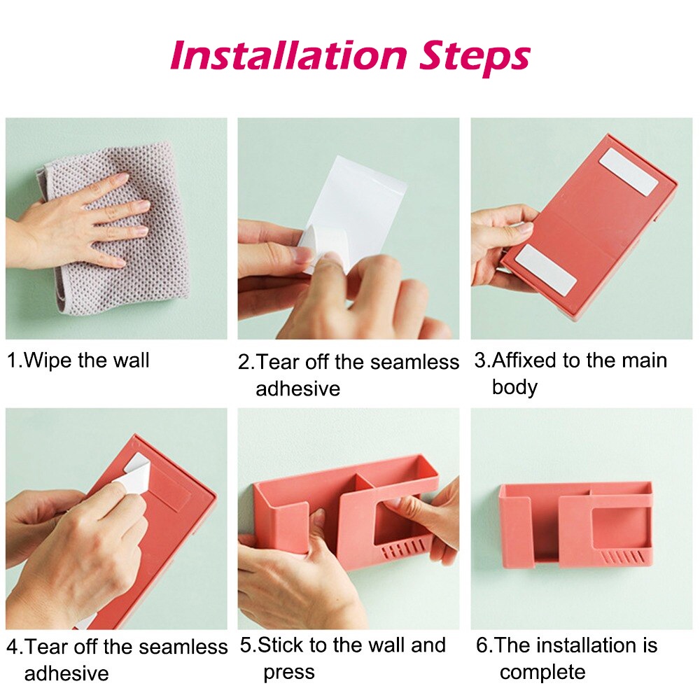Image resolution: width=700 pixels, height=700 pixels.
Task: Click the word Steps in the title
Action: (475, 59)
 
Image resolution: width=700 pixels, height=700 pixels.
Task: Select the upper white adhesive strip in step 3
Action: (629, 172)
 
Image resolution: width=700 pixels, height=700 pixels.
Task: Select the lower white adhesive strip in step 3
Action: (545, 269)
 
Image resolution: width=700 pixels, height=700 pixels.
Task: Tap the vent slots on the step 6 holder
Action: (622, 557)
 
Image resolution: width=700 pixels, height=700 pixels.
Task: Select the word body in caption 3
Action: (514, 386)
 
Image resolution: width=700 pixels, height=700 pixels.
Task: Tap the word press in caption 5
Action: (289, 672)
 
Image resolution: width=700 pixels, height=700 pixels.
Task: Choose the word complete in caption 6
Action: (542, 672)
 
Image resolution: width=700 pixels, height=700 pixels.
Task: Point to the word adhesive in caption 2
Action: (297, 388)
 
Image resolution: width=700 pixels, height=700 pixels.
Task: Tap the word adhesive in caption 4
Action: (66, 673)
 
